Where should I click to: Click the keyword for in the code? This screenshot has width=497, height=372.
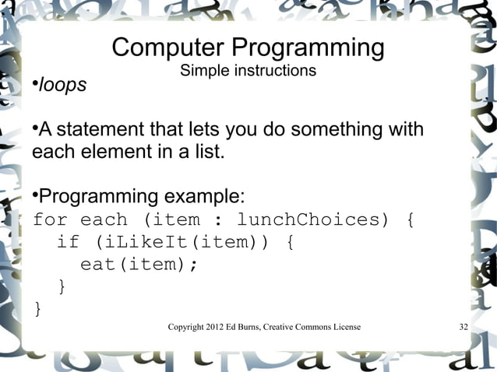click(50, 219)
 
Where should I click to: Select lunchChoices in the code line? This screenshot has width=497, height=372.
click(312, 219)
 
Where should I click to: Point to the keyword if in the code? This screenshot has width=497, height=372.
click(68, 242)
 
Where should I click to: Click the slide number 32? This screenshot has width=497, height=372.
click(464, 327)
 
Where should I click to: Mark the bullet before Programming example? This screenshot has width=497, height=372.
click(35, 194)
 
